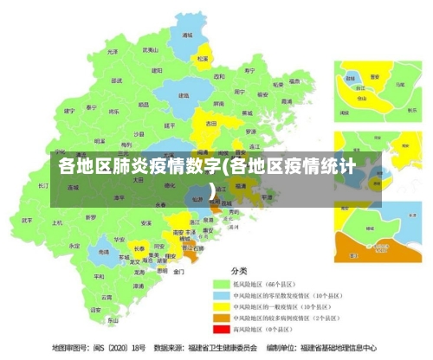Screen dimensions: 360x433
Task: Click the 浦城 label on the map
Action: pos(187,35)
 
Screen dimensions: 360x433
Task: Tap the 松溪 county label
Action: pos(203,59)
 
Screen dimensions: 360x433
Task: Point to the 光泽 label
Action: pos(113,52)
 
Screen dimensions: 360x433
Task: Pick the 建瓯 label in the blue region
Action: pos(184,95)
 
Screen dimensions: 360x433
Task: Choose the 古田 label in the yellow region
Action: pos(211,124)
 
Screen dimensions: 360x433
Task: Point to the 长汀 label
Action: pos(44,185)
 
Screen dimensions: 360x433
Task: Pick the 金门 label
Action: pos(178,272)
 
